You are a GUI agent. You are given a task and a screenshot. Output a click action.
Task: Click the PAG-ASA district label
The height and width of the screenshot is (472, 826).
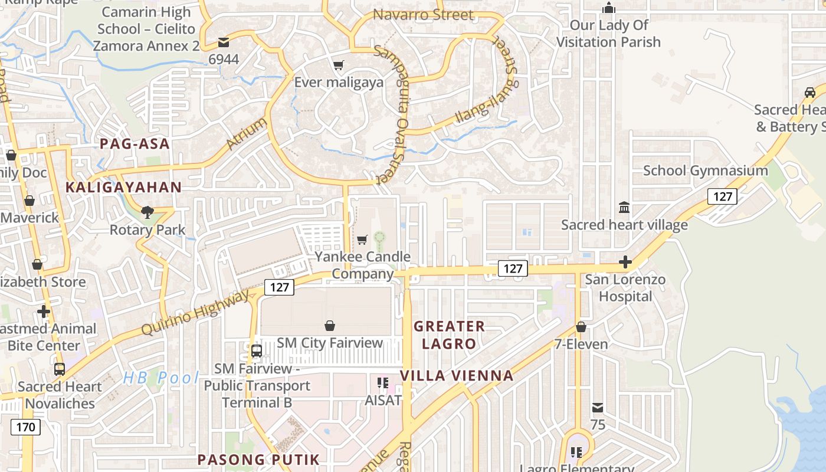[135, 144]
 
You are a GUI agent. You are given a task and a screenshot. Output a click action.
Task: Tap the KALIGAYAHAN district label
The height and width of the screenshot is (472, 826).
[123, 188]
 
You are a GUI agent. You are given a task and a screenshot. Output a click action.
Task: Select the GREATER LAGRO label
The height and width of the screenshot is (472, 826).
[449, 335]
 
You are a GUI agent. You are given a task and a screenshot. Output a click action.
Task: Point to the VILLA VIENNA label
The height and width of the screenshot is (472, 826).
[457, 376]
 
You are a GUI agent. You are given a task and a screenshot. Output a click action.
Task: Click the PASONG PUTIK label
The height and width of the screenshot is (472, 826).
[258, 460]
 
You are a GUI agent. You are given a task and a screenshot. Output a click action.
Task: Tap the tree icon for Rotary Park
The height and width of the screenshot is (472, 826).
[147, 212]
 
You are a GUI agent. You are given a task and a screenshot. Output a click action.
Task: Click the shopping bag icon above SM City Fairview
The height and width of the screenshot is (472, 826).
[330, 326]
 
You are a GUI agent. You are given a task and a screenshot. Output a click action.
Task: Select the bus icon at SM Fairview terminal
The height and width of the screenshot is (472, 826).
[256, 351]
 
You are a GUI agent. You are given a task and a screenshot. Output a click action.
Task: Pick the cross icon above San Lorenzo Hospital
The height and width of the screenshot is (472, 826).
[625, 262]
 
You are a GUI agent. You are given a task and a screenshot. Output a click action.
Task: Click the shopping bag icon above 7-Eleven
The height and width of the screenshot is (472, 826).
[581, 327]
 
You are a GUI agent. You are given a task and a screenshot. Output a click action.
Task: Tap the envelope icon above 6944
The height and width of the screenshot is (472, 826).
[224, 42]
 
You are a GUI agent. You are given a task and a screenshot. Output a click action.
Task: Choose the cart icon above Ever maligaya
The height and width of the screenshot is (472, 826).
[338, 65]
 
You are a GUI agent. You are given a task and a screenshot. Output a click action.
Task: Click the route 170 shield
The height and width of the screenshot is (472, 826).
[25, 427]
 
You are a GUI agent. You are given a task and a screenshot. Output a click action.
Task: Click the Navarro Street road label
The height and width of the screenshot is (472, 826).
[424, 15]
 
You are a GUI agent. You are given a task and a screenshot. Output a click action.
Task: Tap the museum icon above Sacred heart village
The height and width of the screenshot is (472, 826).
[624, 208]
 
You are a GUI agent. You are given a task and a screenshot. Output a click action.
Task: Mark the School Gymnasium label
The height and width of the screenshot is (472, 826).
[705, 171]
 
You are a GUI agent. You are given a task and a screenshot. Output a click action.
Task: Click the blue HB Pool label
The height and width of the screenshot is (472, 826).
[160, 378]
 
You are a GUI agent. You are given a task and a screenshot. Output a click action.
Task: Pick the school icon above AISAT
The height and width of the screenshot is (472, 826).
[383, 383]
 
